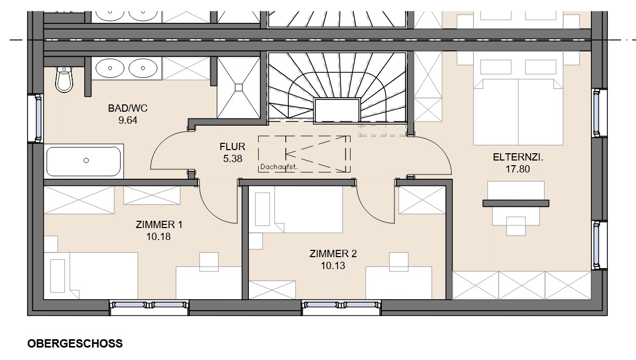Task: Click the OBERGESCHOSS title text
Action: tap(75, 343)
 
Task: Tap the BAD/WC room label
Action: tap(128, 108)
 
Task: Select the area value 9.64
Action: tap(128, 121)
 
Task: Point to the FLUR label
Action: tap(232, 146)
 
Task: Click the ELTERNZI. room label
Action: tap(518, 157)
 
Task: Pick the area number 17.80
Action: tap(518, 169)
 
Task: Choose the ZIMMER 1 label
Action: tap(159, 224)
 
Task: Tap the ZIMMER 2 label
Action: tap(333, 254)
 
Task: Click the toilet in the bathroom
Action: tap(64, 79)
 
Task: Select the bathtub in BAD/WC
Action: tap(84, 161)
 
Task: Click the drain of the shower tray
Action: tap(239, 87)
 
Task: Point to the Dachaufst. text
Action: tap(279, 167)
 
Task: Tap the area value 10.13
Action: tap(333, 266)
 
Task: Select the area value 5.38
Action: tap(233, 159)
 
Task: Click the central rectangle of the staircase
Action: tap(337, 111)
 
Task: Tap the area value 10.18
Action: tap(158, 237)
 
